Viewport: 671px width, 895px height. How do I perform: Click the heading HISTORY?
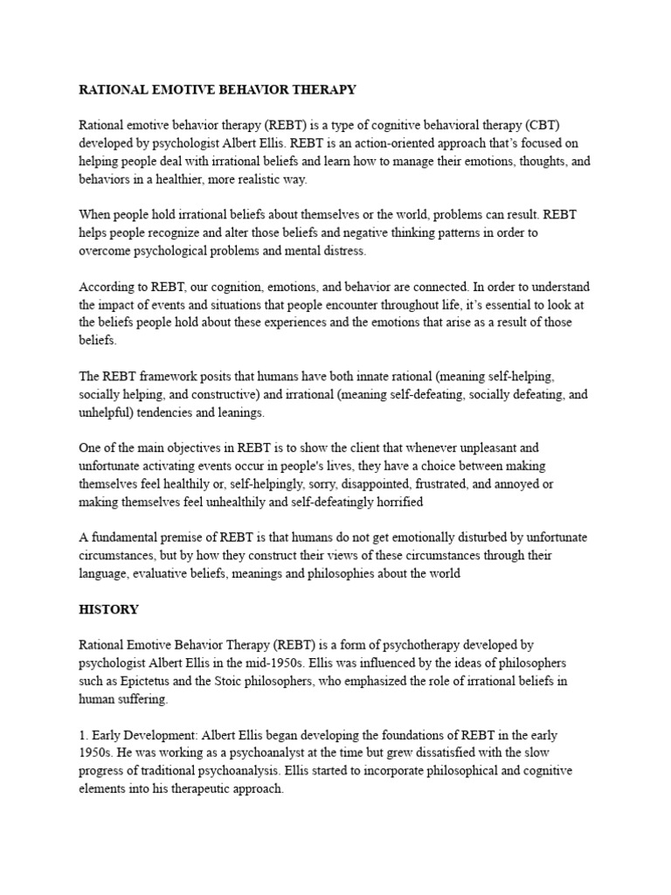[x=108, y=608]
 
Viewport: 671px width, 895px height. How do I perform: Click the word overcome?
[x=107, y=251]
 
